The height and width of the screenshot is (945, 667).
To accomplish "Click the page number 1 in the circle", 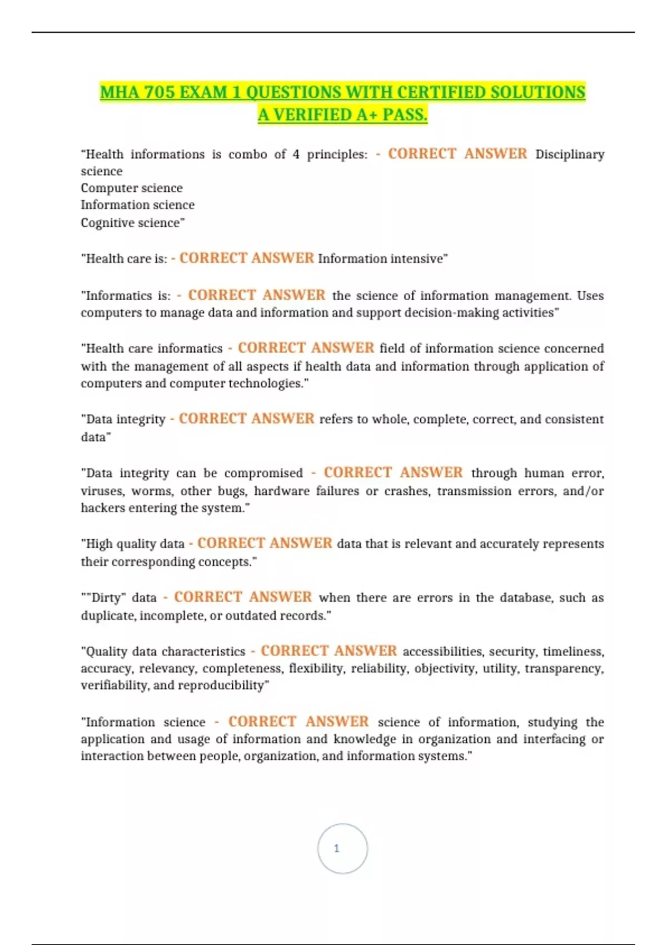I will pos(336,848).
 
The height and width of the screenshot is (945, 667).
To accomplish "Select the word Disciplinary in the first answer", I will pos(569,155).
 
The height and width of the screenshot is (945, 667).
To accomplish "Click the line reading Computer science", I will pos(132,188).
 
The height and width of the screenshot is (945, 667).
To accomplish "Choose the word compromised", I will pos(263,473).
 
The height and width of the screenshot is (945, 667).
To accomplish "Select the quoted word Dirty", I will pos(106,598).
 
